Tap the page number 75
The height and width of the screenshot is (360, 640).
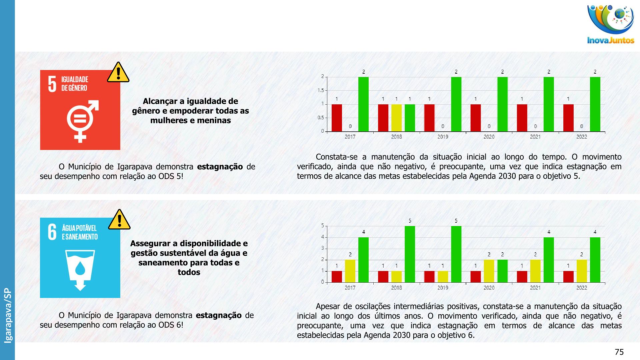[619, 352]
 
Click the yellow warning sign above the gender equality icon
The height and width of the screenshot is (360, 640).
[118, 72]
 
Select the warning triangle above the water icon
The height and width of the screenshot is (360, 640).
[119, 220]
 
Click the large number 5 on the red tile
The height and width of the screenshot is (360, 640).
[52, 84]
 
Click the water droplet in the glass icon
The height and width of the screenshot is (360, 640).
[80, 268]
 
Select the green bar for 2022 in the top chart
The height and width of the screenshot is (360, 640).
[595, 104]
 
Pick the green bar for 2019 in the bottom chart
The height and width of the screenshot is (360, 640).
[456, 254]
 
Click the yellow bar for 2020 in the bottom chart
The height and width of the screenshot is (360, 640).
[489, 271]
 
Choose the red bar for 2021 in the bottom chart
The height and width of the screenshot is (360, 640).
[522, 276]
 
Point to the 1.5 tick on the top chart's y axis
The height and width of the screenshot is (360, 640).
[321, 90]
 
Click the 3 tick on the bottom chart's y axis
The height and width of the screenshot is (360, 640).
[322, 248]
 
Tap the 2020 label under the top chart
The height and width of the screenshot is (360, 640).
[489, 137]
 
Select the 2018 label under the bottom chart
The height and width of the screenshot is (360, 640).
[396, 288]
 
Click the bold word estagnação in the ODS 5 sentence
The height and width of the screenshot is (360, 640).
[220, 167]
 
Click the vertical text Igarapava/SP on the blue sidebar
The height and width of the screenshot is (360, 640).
[8, 315]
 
